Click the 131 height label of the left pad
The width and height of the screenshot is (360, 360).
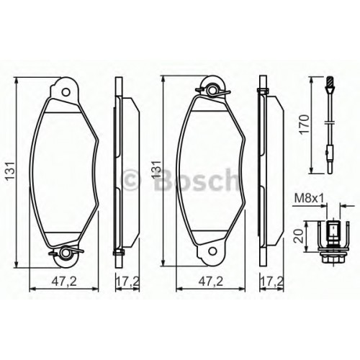(11, 171)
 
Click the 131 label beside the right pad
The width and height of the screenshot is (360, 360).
(157, 168)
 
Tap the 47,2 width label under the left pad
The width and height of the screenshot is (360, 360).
(64, 282)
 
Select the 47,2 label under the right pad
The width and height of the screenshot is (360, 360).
(211, 282)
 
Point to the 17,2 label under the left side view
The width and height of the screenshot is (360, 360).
(128, 282)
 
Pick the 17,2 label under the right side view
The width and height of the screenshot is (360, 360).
(272, 282)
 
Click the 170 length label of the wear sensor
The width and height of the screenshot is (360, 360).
(305, 125)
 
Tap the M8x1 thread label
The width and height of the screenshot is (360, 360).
(309, 199)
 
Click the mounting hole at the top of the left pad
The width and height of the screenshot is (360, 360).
(66, 92)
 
